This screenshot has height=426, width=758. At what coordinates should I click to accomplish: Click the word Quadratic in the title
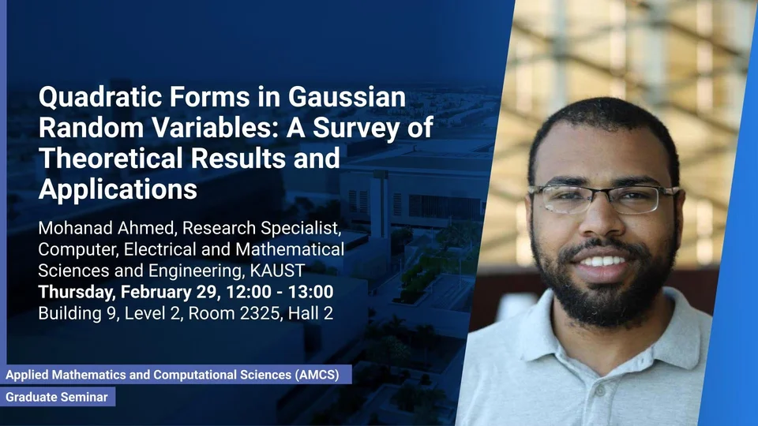100,97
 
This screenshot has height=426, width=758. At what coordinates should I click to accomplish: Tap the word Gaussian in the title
347,96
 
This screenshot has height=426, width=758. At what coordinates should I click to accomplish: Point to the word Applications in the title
118,189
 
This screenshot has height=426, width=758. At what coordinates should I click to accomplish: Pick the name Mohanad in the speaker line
70,228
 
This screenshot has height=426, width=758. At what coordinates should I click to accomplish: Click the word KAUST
277,271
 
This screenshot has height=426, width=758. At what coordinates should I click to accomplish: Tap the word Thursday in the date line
76,292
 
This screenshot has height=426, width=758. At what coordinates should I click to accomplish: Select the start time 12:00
249,292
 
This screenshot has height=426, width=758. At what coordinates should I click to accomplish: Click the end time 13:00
311,292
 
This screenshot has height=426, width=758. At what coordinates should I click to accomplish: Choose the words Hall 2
310,313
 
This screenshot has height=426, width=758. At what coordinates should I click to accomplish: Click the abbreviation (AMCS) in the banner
317,375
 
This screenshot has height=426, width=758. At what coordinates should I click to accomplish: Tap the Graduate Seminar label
57,397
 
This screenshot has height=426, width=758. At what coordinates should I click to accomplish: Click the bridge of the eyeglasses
600,192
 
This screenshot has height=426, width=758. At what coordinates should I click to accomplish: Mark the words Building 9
77,313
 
